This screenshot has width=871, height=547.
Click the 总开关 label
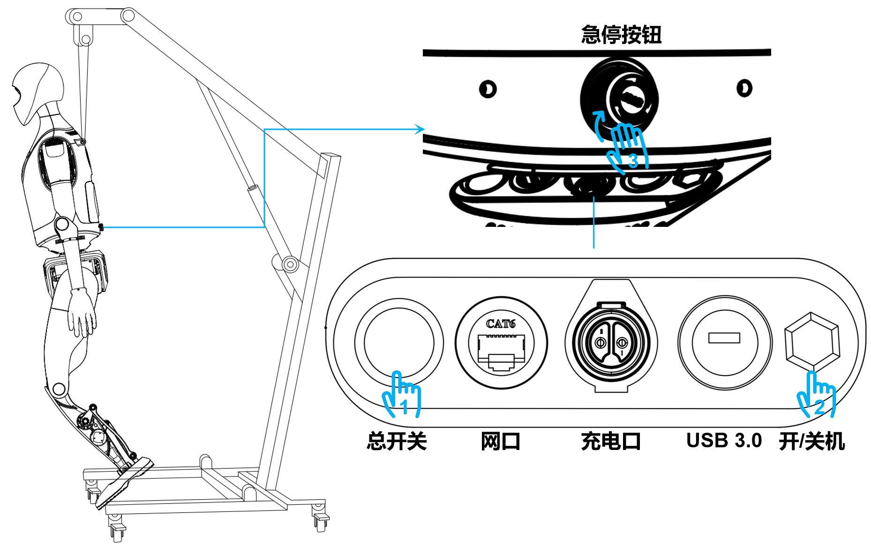pyautogui.click(x=397, y=442)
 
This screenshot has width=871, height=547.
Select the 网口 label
pyautogui.click(x=501, y=442)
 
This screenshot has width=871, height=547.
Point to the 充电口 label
pyautogui.click(x=611, y=442)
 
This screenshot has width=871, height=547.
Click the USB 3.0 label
pyautogui.click(x=724, y=441)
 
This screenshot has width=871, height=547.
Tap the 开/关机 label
pyautogui.click(x=812, y=442)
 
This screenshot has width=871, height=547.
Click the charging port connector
pyautogui.click(x=611, y=342)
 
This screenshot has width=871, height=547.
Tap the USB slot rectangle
pyautogui.click(x=724, y=337)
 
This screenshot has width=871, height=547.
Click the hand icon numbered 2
pyautogui.click(x=817, y=396)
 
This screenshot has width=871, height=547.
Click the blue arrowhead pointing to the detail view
pyautogui.click(x=420, y=129)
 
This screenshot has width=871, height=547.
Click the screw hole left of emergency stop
pyautogui.click(x=488, y=89)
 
